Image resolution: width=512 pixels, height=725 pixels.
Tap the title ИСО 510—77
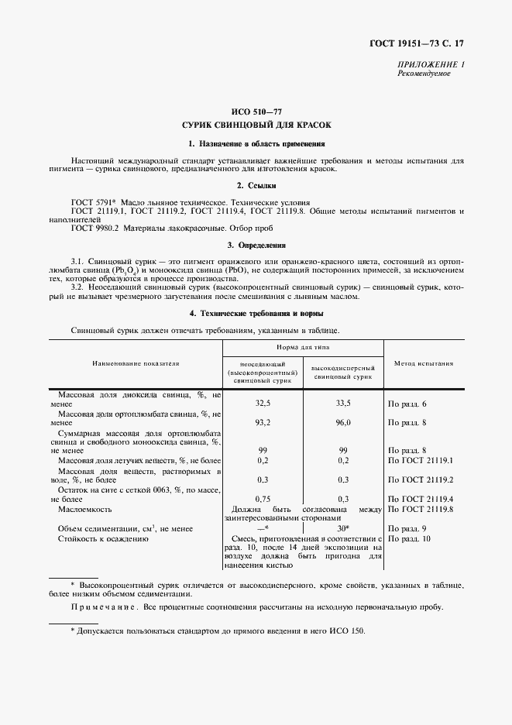click(256, 112)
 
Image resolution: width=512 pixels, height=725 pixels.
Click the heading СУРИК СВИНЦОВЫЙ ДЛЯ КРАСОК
click(256, 125)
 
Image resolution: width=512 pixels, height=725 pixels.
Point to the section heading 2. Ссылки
click(256, 185)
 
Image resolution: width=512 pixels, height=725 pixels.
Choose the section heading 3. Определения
click(256, 246)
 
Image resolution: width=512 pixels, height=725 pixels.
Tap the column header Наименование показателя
click(136, 362)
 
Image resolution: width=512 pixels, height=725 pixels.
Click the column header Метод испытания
click(424, 362)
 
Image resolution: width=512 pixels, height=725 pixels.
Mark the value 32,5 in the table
click(263, 404)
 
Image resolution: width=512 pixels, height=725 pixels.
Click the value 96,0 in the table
click(343, 423)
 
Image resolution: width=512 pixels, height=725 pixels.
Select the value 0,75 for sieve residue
click(263, 499)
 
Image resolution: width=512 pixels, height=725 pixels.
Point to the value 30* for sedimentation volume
click(344, 528)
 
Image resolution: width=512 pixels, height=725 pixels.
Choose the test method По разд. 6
click(407, 404)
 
